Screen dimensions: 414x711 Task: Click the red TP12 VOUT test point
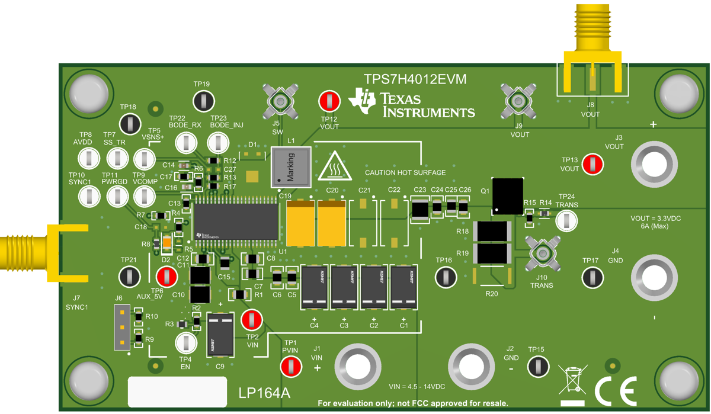(329, 101)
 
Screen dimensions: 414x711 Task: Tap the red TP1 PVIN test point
(290, 367)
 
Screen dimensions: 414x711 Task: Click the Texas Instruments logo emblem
(362, 101)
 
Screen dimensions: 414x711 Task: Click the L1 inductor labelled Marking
(291, 166)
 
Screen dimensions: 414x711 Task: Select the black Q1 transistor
(508, 196)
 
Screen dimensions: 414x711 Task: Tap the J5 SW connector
(279, 101)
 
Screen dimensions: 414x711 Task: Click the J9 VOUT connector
(518, 101)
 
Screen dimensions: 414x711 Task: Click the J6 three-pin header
(122, 327)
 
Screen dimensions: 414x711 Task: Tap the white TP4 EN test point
(186, 342)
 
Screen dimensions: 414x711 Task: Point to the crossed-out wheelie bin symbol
(572, 380)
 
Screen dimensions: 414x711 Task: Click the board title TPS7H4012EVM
(415, 79)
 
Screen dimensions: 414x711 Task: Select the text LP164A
(265, 393)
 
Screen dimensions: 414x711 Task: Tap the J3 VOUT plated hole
(654, 164)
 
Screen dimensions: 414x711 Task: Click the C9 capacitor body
(220, 335)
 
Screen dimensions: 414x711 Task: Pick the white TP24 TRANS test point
(566, 220)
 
